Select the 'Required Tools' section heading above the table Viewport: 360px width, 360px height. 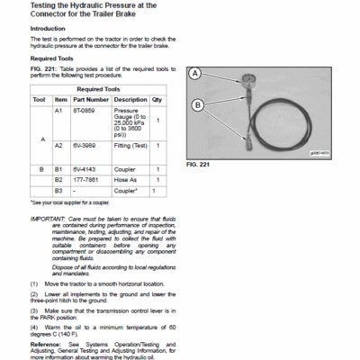50,58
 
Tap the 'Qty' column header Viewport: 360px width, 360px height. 157,100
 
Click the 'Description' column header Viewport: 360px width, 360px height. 130,100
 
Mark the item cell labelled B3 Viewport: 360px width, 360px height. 58,191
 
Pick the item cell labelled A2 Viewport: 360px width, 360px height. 58,145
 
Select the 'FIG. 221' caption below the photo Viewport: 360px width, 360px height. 197,166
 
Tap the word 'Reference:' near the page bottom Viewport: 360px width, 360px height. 46,344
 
